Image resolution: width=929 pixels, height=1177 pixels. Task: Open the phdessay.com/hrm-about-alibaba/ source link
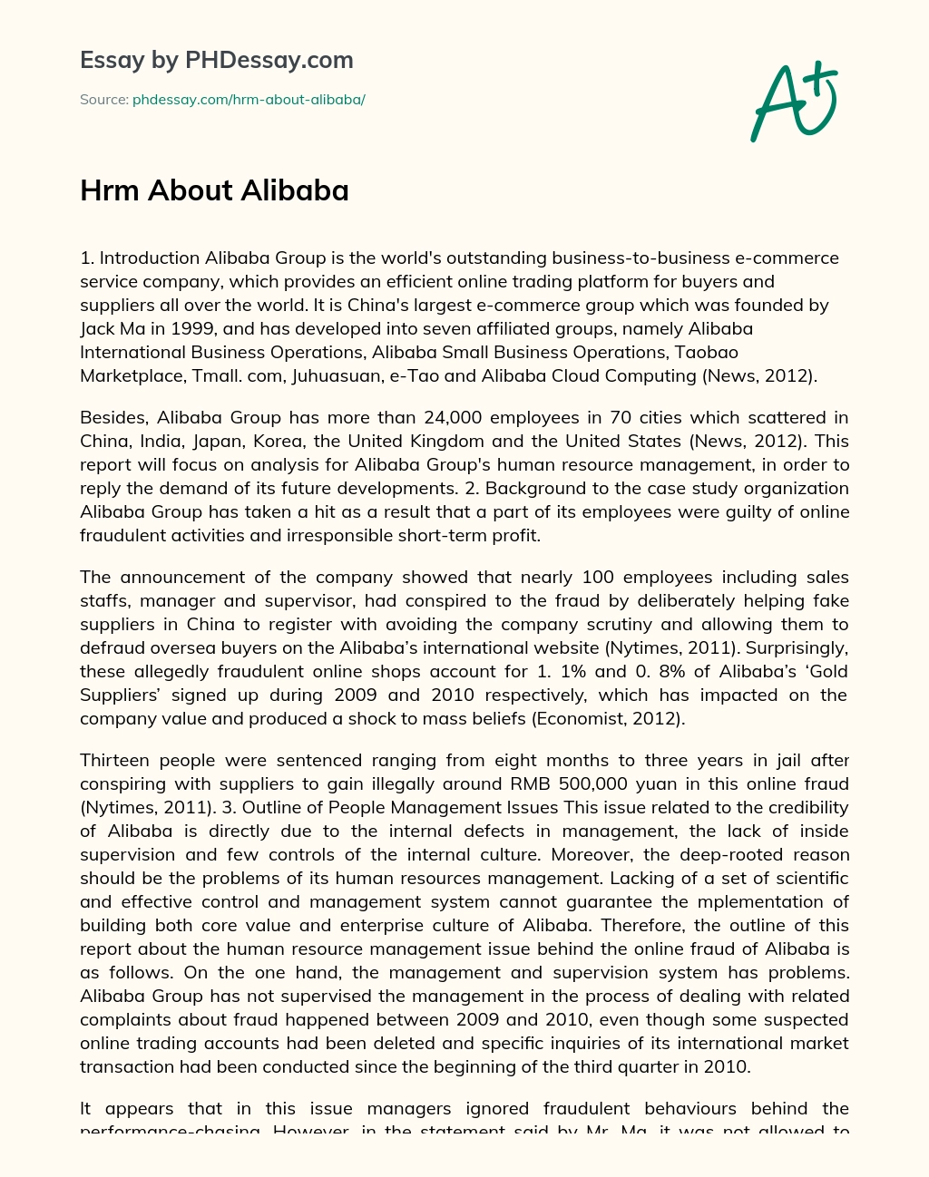249,100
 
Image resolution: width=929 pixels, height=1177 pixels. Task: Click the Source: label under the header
103,100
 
